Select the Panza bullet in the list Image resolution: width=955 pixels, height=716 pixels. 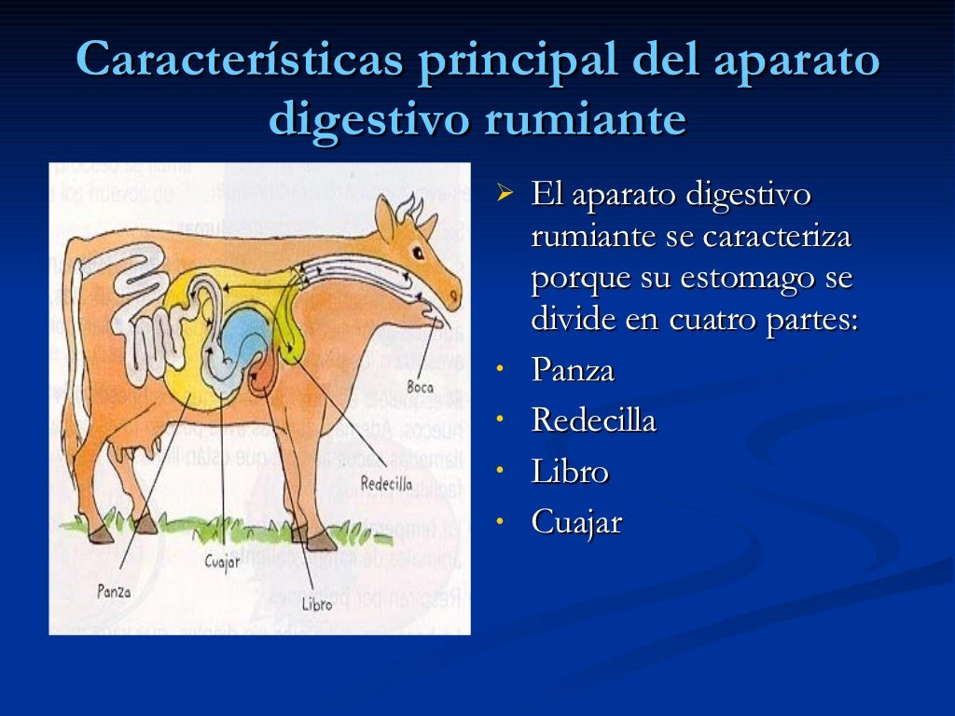coord(573,370)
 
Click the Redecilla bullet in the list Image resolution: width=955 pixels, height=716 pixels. coord(593,420)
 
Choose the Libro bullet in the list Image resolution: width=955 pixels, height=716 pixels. coord(570,472)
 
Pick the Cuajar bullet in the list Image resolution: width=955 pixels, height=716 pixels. coord(576,522)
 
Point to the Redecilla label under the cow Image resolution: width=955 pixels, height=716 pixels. coord(386,483)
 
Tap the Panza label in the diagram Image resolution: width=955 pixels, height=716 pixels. coord(114,590)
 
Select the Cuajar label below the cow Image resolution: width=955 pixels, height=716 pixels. coord(222,561)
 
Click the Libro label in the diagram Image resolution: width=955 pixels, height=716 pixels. coord(316,603)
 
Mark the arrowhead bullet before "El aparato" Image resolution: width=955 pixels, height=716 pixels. coord(505,195)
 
